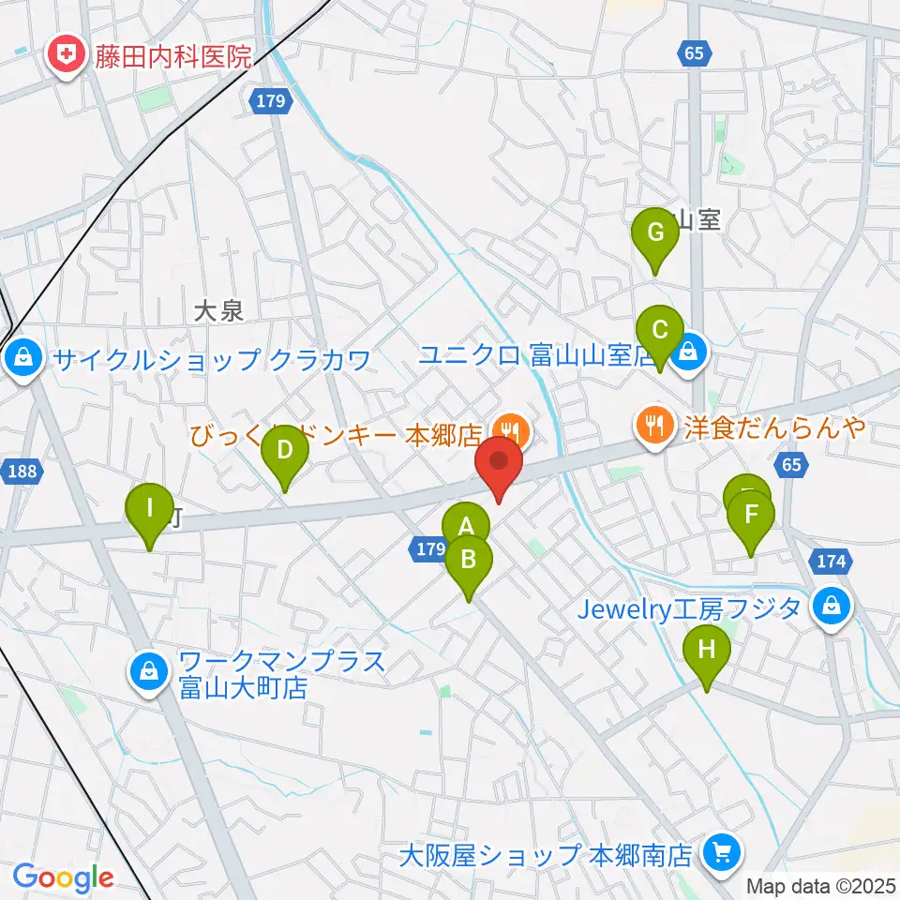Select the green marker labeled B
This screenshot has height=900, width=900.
[x=468, y=560]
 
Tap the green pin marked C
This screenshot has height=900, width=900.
[x=659, y=331]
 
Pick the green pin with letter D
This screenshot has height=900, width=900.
[x=284, y=450]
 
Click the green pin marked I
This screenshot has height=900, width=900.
[x=150, y=508]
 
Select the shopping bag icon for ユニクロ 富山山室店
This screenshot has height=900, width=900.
[x=689, y=353]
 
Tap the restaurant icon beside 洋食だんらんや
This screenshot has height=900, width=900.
[x=652, y=426]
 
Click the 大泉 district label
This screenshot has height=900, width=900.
[x=219, y=312]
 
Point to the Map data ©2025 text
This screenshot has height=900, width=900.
[x=820, y=886]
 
